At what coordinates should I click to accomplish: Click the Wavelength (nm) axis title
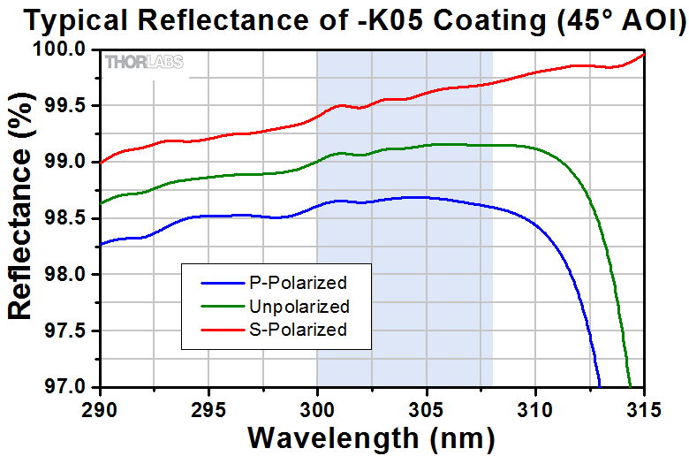tap(371, 437)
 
